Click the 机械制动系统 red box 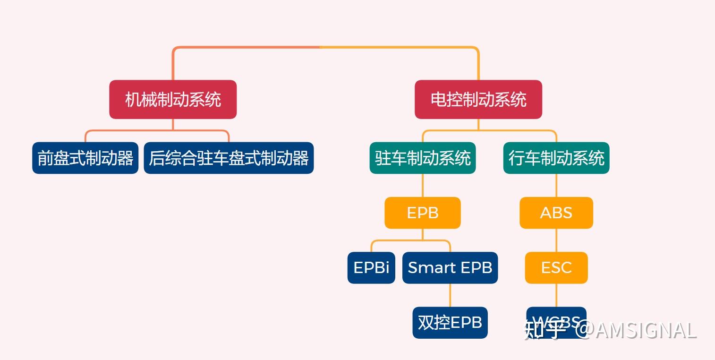pyautogui.click(x=173, y=99)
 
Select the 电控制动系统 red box pyautogui.click(x=478, y=99)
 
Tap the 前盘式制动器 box pyautogui.click(x=85, y=158)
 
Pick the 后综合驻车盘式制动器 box pyautogui.click(x=229, y=158)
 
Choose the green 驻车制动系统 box pyautogui.click(x=422, y=158)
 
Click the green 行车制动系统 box pyautogui.click(x=556, y=158)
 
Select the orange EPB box pyautogui.click(x=422, y=213)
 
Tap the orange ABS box pyautogui.click(x=556, y=213)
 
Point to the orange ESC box pyautogui.click(x=556, y=267)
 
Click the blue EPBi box pyautogui.click(x=371, y=267)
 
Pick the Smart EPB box pyautogui.click(x=450, y=267)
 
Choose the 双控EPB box pyautogui.click(x=450, y=322)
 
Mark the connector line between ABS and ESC pyautogui.click(x=556, y=240)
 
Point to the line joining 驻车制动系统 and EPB pyautogui.click(x=422, y=185)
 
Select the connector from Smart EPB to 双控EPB pyautogui.click(x=450, y=295)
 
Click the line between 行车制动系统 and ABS pyautogui.click(x=556, y=185)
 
